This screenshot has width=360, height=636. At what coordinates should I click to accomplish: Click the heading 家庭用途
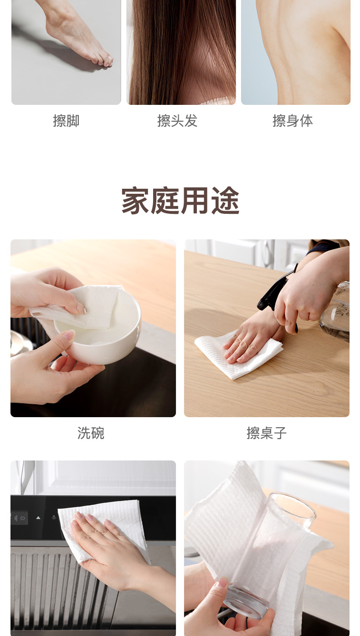[x=180, y=200]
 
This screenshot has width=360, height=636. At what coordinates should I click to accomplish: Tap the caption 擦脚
[x=66, y=121]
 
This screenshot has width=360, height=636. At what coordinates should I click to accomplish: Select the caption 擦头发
[x=177, y=121]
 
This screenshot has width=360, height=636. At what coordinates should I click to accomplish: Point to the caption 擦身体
[x=293, y=121]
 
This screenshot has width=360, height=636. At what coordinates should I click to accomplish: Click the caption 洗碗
[x=91, y=433]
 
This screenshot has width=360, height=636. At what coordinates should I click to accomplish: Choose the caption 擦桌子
[x=267, y=433]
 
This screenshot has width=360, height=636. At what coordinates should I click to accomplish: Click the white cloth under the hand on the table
[x=238, y=355]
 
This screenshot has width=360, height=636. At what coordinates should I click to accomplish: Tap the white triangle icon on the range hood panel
[x=38, y=517]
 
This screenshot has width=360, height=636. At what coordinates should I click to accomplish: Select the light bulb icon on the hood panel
[x=54, y=517]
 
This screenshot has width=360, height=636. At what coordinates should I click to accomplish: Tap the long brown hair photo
[x=181, y=52]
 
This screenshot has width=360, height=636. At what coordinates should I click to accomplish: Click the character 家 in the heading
[x=135, y=200]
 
